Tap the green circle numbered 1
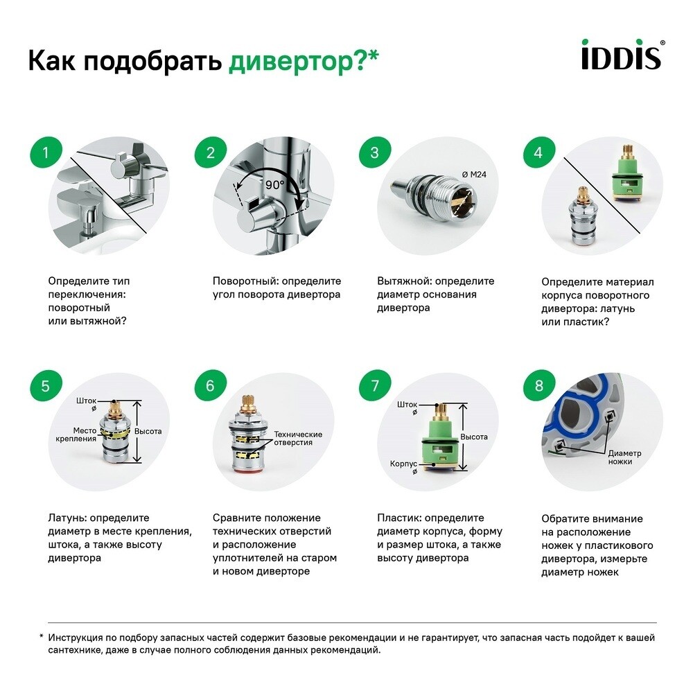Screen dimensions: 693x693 46,152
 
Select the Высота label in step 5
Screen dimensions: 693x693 148,431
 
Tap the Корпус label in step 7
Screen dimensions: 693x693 403,466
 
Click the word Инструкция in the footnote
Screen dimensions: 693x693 78,638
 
